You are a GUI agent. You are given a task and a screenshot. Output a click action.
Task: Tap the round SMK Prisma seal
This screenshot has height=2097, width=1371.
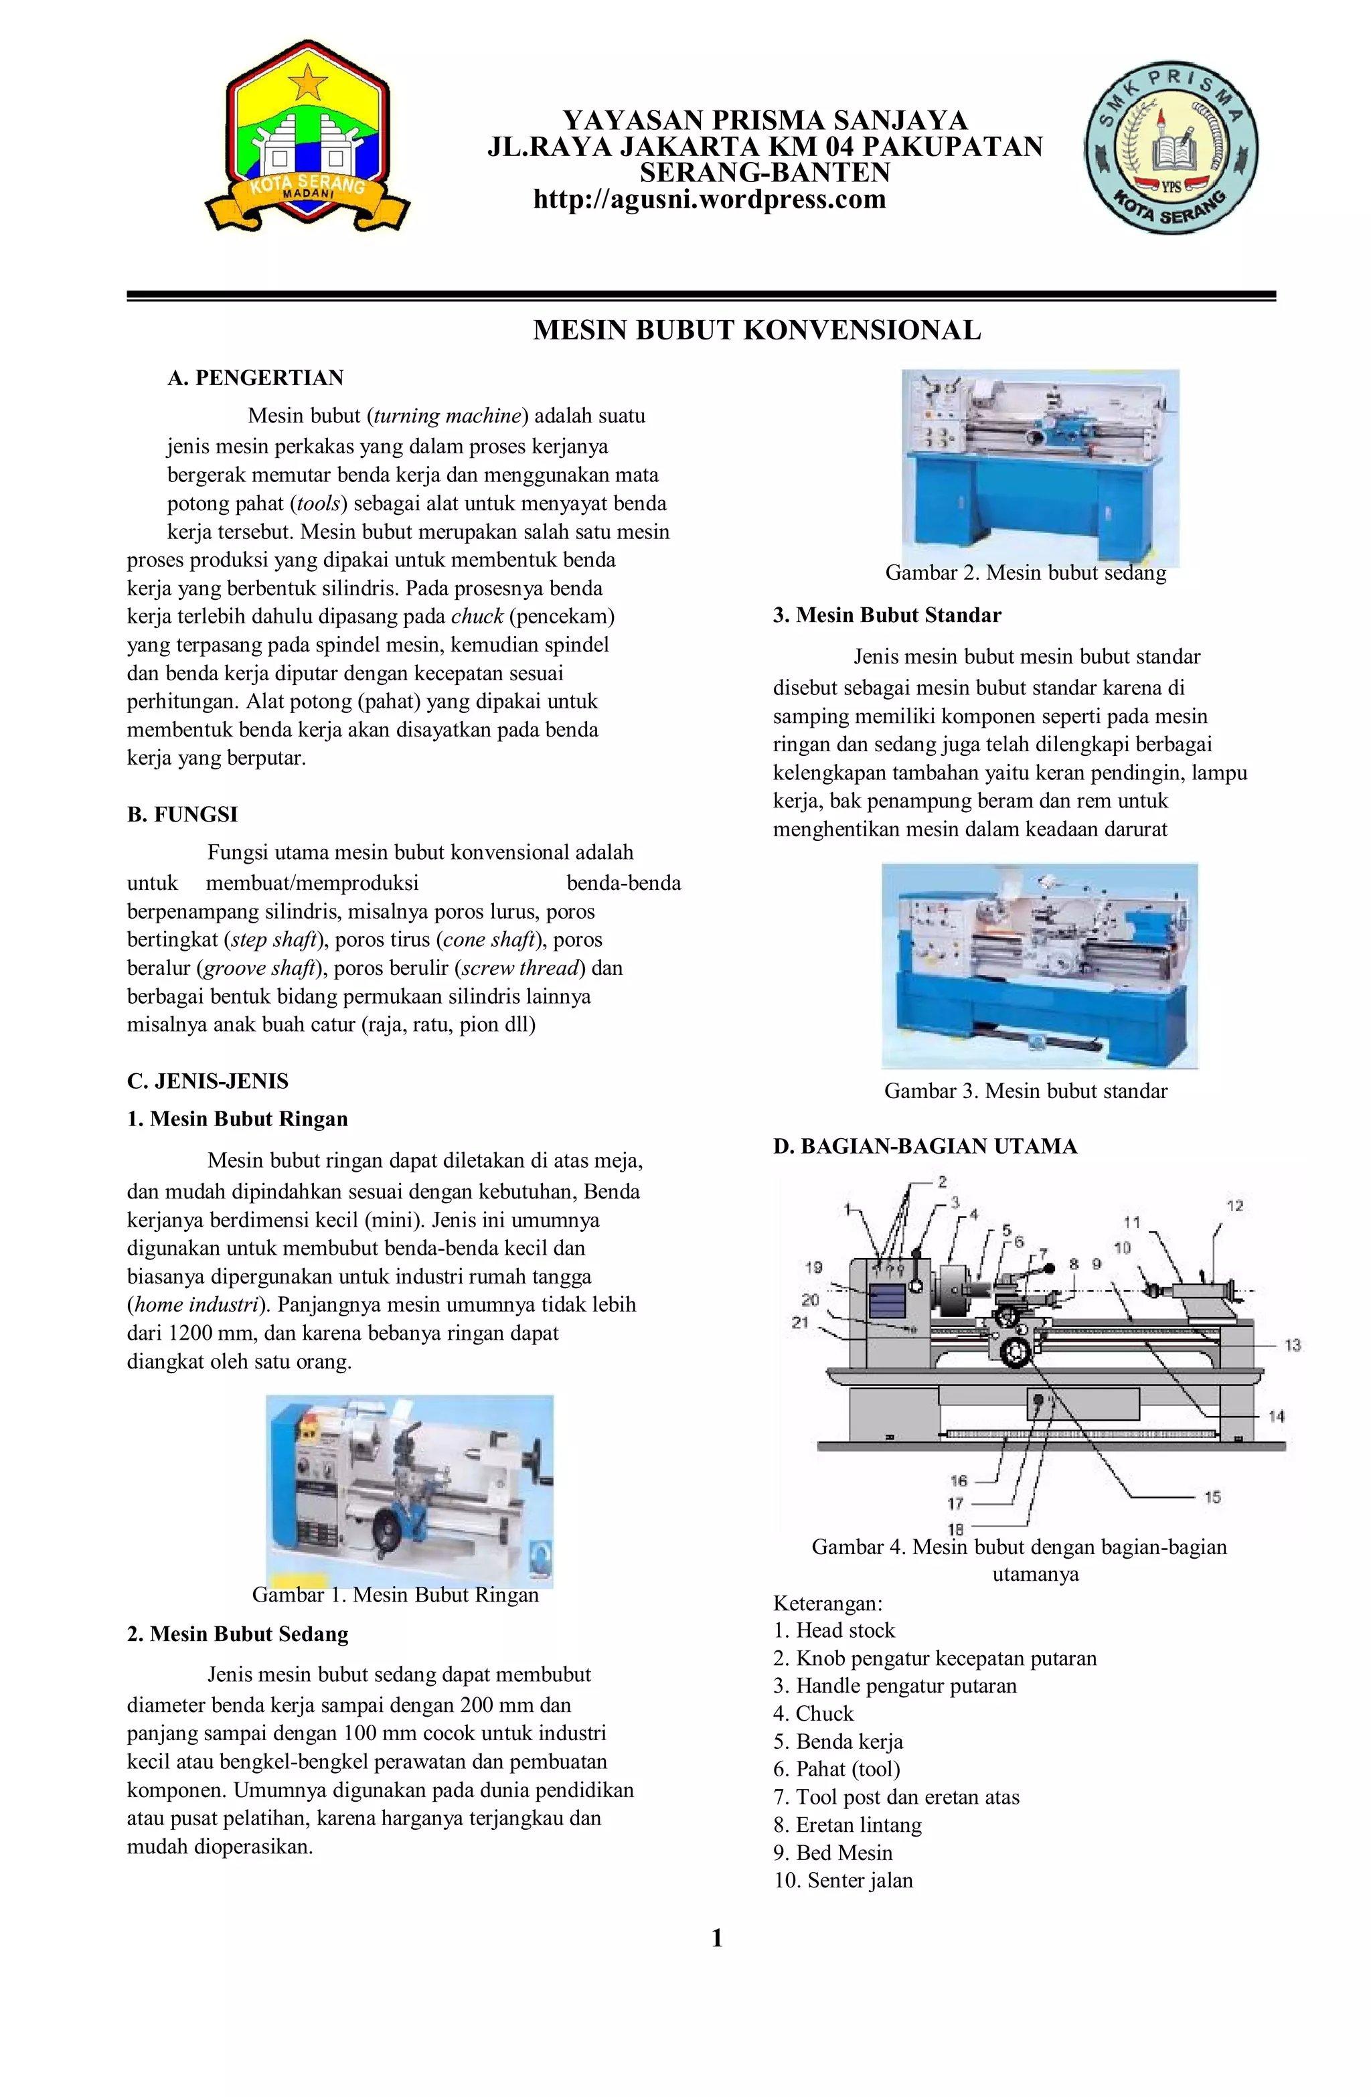click(1171, 148)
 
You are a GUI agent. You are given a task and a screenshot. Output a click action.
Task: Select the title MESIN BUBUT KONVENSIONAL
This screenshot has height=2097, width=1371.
click(757, 330)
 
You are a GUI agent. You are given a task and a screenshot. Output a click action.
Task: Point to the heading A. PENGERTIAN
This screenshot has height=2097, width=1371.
click(256, 378)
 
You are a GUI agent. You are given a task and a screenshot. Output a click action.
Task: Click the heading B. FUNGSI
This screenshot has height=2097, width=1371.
click(182, 814)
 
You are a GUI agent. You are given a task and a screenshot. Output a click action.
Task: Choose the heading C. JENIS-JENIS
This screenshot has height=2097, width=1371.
click(208, 1081)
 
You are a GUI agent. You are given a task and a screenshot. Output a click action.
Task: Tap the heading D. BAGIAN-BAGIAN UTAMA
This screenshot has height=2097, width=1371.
click(924, 1146)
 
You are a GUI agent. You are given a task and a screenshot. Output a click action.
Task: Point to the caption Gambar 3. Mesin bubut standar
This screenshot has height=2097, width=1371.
click(1026, 1091)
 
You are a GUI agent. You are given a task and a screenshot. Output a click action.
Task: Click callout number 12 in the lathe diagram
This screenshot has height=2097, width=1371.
click(1234, 1205)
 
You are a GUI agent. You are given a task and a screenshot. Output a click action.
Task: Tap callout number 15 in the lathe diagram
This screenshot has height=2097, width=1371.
click(1212, 1497)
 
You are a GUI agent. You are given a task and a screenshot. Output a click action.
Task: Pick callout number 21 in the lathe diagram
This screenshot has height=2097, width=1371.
click(800, 1322)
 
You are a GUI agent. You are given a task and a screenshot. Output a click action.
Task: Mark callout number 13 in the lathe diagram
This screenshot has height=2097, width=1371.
click(1292, 1345)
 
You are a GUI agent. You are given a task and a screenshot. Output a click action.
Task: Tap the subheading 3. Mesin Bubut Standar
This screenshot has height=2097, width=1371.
click(887, 615)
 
